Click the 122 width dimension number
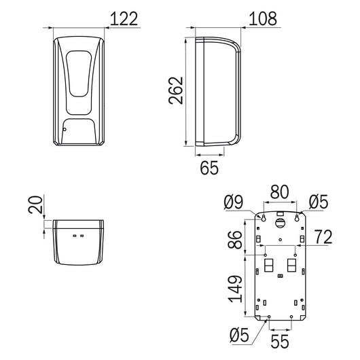[x=124, y=19]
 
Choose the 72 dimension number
[x=323, y=237]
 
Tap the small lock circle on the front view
[x=63, y=128]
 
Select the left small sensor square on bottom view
[x=74, y=235]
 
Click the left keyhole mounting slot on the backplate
[x=263, y=217]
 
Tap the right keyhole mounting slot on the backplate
[x=299, y=217]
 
